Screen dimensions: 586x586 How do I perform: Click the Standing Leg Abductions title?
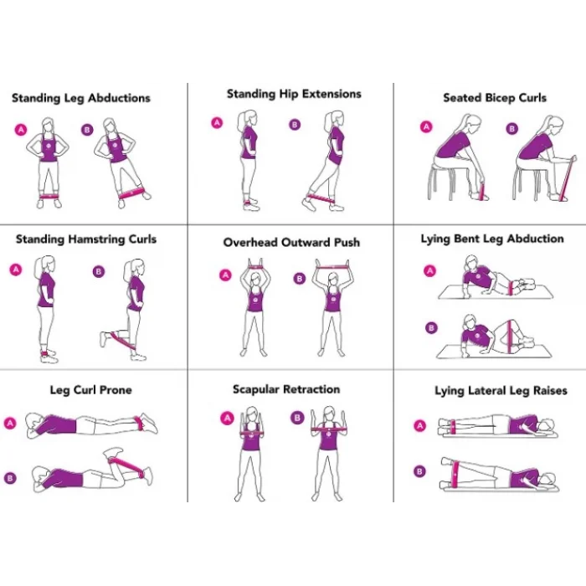(x=81, y=98)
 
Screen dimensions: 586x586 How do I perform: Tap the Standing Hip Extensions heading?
(x=294, y=94)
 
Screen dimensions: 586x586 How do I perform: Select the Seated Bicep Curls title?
(x=494, y=98)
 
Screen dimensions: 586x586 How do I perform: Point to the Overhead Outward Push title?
(x=291, y=243)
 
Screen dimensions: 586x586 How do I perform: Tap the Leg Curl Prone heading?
(x=90, y=390)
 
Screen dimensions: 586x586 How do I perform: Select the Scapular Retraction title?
(x=286, y=390)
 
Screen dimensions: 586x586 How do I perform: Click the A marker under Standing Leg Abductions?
(x=21, y=129)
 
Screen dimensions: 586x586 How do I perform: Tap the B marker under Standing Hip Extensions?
(x=294, y=126)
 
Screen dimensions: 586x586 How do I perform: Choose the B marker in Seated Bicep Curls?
(x=512, y=128)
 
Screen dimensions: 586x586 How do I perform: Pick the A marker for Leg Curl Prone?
(x=11, y=423)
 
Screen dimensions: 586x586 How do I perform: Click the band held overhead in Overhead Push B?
(x=332, y=265)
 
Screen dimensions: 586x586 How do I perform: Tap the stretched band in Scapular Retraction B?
(x=329, y=429)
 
